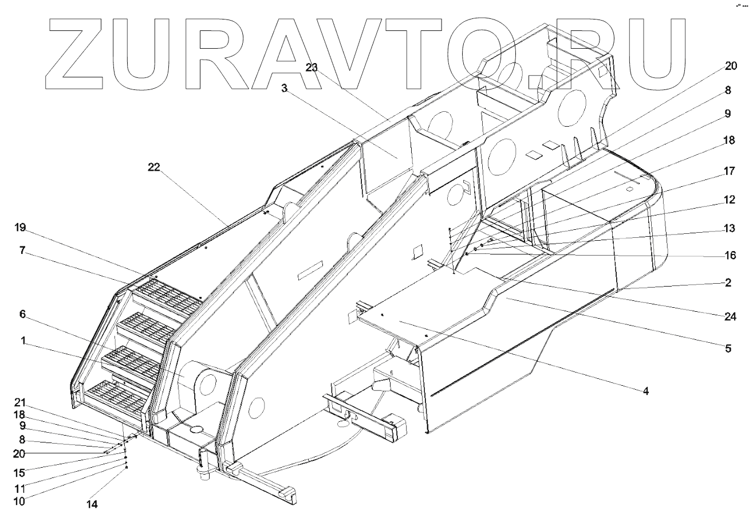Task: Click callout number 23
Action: click(311, 67)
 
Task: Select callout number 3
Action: click(284, 88)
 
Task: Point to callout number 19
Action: click(21, 227)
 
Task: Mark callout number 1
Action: click(22, 340)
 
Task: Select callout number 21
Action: click(21, 401)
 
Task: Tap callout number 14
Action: click(92, 504)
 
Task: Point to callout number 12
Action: click(728, 199)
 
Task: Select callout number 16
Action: click(728, 254)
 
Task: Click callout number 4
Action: click(645, 392)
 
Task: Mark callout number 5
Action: click(728, 348)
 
